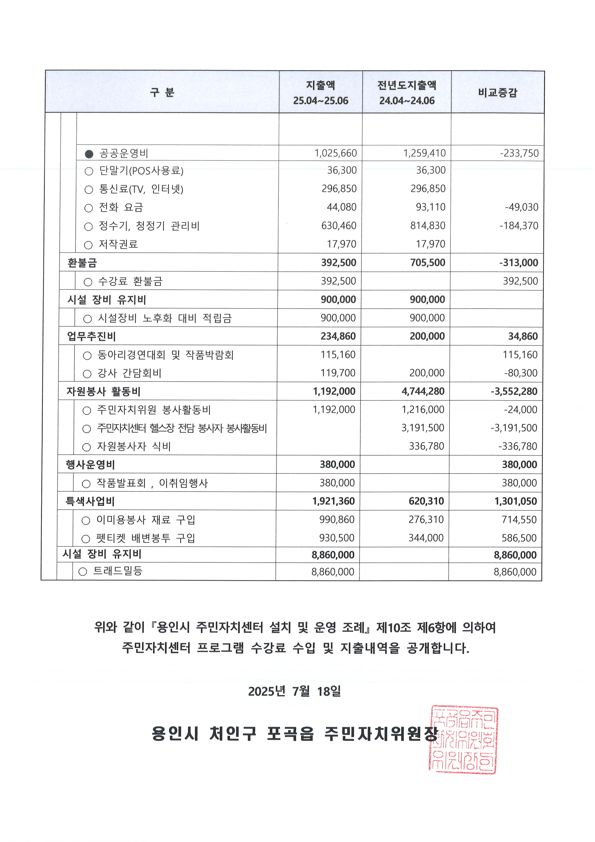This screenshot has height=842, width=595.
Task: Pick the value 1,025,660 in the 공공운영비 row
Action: pyautogui.click(x=335, y=153)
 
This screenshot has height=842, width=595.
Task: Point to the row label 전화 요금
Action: pyautogui.click(x=121, y=208)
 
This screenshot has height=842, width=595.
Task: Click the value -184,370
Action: pyautogui.click(x=519, y=226)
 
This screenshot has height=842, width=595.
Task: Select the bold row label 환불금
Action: pyautogui.click(x=82, y=263)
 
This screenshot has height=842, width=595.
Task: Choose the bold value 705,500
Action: pyautogui.click(x=427, y=263)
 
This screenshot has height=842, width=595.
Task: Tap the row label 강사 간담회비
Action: pyautogui.click(x=129, y=373)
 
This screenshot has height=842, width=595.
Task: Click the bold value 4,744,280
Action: pyautogui.click(x=423, y=391)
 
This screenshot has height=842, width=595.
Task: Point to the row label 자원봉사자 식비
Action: pyautogui.click(x=134, y=447)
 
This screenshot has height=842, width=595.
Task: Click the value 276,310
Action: pyautogui.click(x=426, y=520)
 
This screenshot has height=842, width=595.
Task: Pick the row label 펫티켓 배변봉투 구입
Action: pyautogui.click(x=145, y=538)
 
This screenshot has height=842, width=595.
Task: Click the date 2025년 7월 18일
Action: pyautogui.click(x=294, y=691)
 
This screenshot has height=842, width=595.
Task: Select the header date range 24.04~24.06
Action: pyautogui.click(x=407, y=101)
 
